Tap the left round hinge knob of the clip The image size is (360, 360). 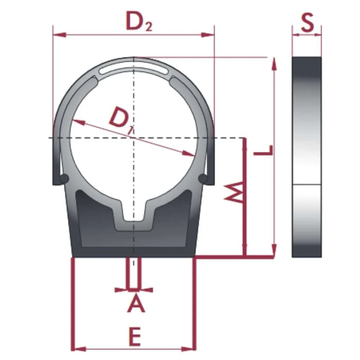click(65, 177)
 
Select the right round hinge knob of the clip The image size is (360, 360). click(203, 178)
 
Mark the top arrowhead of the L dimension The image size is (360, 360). click(275, 65)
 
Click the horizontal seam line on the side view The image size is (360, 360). click(306, 185)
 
